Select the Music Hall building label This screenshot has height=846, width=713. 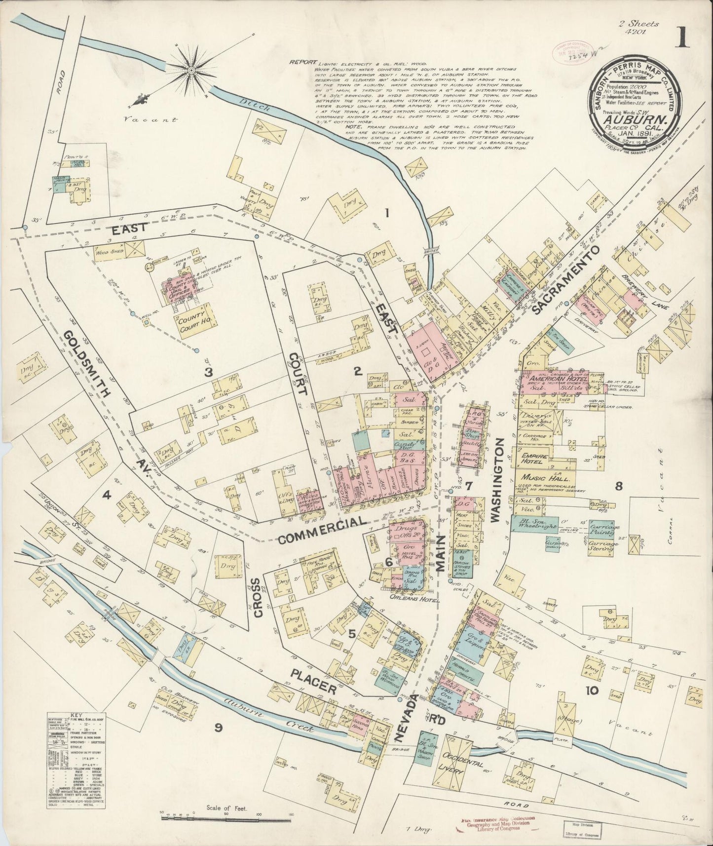[x=546, y=478]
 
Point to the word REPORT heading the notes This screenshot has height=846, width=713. [x=302, y=63]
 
